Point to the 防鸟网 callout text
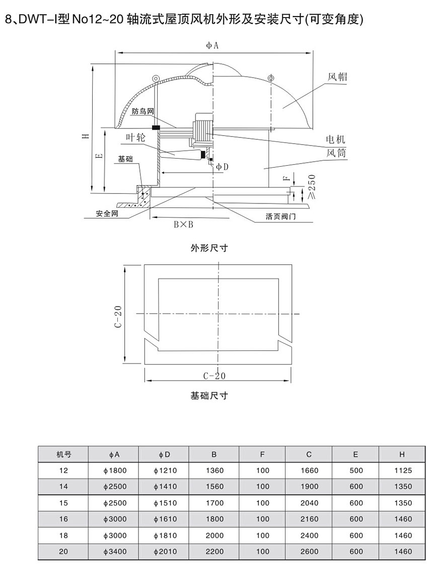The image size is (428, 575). [x=141, y=112]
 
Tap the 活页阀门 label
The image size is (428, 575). [x=284, y=217]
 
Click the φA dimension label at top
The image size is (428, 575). [x=212, y=45]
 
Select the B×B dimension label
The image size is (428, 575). [x=183, y=225]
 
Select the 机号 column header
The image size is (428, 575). [x=63, y=455]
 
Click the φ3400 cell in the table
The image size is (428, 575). [x=114, y=551]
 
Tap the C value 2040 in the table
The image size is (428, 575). [x=309, y=503]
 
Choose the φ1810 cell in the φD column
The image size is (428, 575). [x=165, y=535]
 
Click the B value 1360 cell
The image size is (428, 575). [x=214, y=471]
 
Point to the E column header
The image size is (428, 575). [x=355, y=455]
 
